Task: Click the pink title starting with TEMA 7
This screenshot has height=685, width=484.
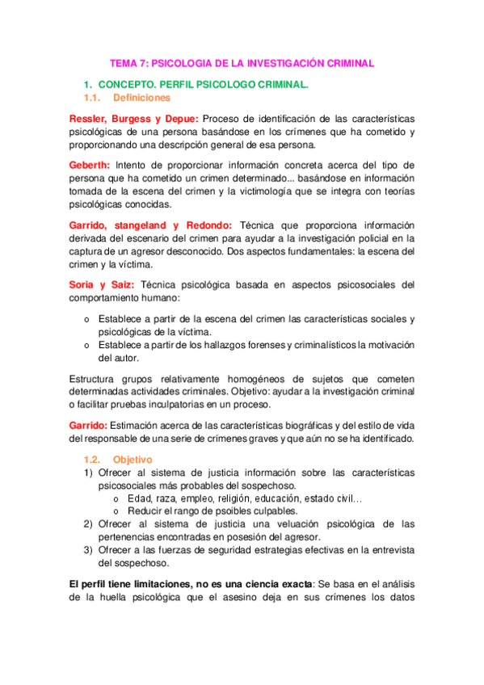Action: (x=242, y=62)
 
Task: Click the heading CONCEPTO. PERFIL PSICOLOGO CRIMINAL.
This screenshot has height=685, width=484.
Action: (x=204, y=84)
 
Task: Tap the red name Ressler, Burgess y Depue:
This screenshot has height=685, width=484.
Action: (x=133, y=118)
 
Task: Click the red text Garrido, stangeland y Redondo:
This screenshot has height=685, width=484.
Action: (x=151, y=225)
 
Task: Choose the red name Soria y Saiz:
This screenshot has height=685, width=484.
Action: (x=103, y=284)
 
